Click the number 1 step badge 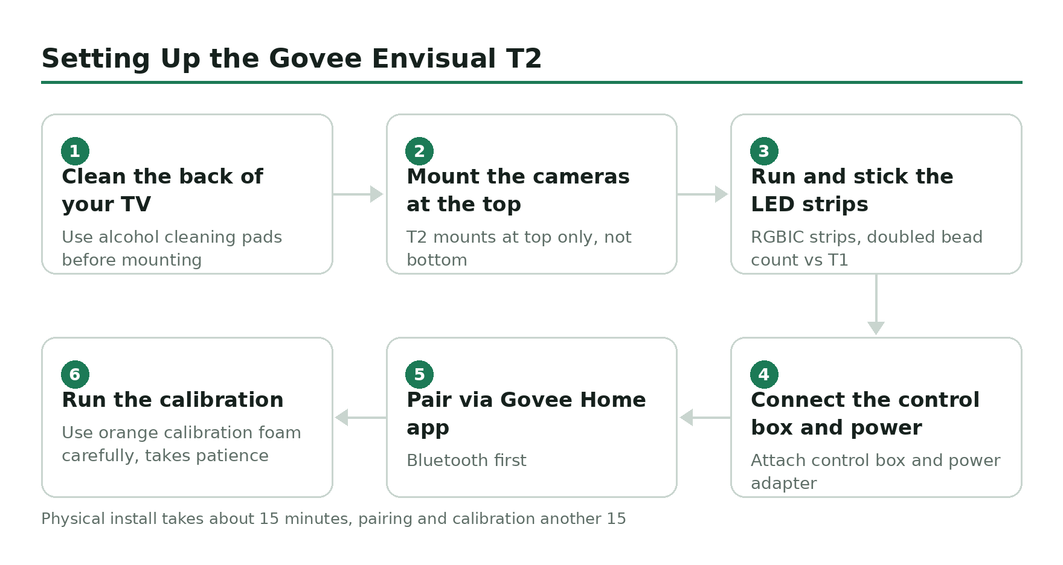pos(75,151)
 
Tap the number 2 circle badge pos(419,151)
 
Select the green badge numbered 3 pos(764,151)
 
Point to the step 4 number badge pos(764,374)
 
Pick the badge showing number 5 pos(419,374)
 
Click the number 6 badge pos(75,374)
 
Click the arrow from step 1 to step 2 pos(358,194)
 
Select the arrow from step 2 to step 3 pos(702,194)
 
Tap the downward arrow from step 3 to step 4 pos(876,304)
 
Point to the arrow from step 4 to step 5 pos(705,417)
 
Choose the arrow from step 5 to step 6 pos(361,417)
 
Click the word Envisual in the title pos(434,59)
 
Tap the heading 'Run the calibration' pos(173,400)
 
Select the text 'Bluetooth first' pos(466,461)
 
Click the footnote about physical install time pos(333,519)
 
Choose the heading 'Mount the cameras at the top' pos(518,190)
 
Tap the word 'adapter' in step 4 pos(784,484)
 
